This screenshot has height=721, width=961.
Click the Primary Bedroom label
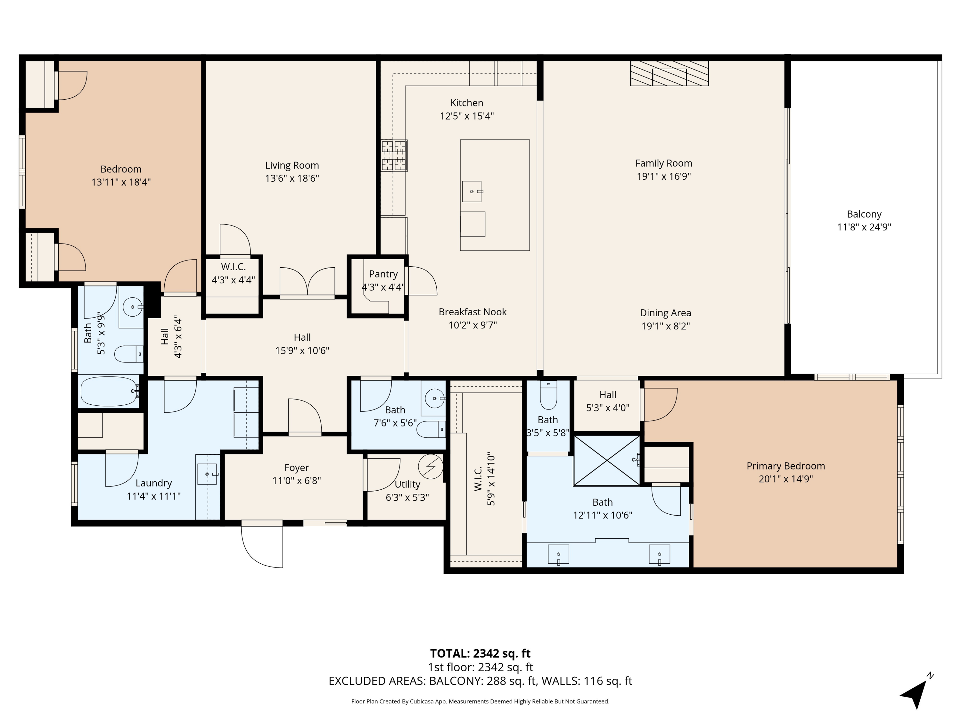click(785, 466)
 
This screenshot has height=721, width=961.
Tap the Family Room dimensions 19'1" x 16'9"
click(664, 176)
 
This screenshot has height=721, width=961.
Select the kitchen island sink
click(472, 191)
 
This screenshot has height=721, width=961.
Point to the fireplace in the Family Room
click(669, 73)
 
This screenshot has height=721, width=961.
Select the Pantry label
click(383, 274)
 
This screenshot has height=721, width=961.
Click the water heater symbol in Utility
click(431, 467)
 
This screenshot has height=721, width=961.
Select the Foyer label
click(297, 468)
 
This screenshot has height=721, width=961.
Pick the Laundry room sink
click(207, 474)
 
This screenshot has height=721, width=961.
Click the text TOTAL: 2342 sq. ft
click(480, 653)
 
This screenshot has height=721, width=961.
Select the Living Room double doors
click(307, 283)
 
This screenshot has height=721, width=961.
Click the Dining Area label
click(666, 313)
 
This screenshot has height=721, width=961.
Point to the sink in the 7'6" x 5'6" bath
click(434, 398)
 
